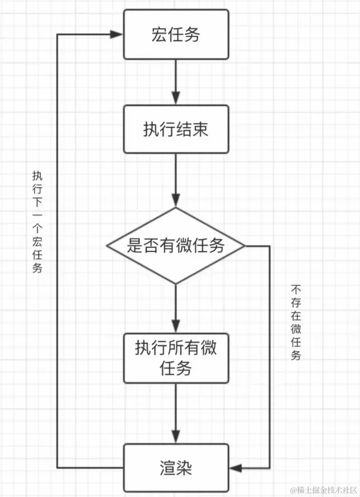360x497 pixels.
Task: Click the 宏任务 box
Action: [x=176, y=35]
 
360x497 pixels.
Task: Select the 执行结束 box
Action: [x=176, y=130]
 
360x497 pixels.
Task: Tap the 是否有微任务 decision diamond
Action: [x=176, y=246]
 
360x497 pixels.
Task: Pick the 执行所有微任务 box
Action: [x=176, y=358]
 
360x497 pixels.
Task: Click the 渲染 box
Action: [x=176, y=467]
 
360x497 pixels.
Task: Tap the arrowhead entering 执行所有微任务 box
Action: [x=176, y=327]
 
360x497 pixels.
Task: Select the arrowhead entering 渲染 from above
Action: [x=176, y=437]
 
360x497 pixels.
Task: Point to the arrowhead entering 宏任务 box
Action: [x=117, y=35]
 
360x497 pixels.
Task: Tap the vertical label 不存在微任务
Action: [x=296, y=323]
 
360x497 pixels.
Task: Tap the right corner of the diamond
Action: [x=244, y=246]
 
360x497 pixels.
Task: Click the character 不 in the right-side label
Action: [x=296, y=290]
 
